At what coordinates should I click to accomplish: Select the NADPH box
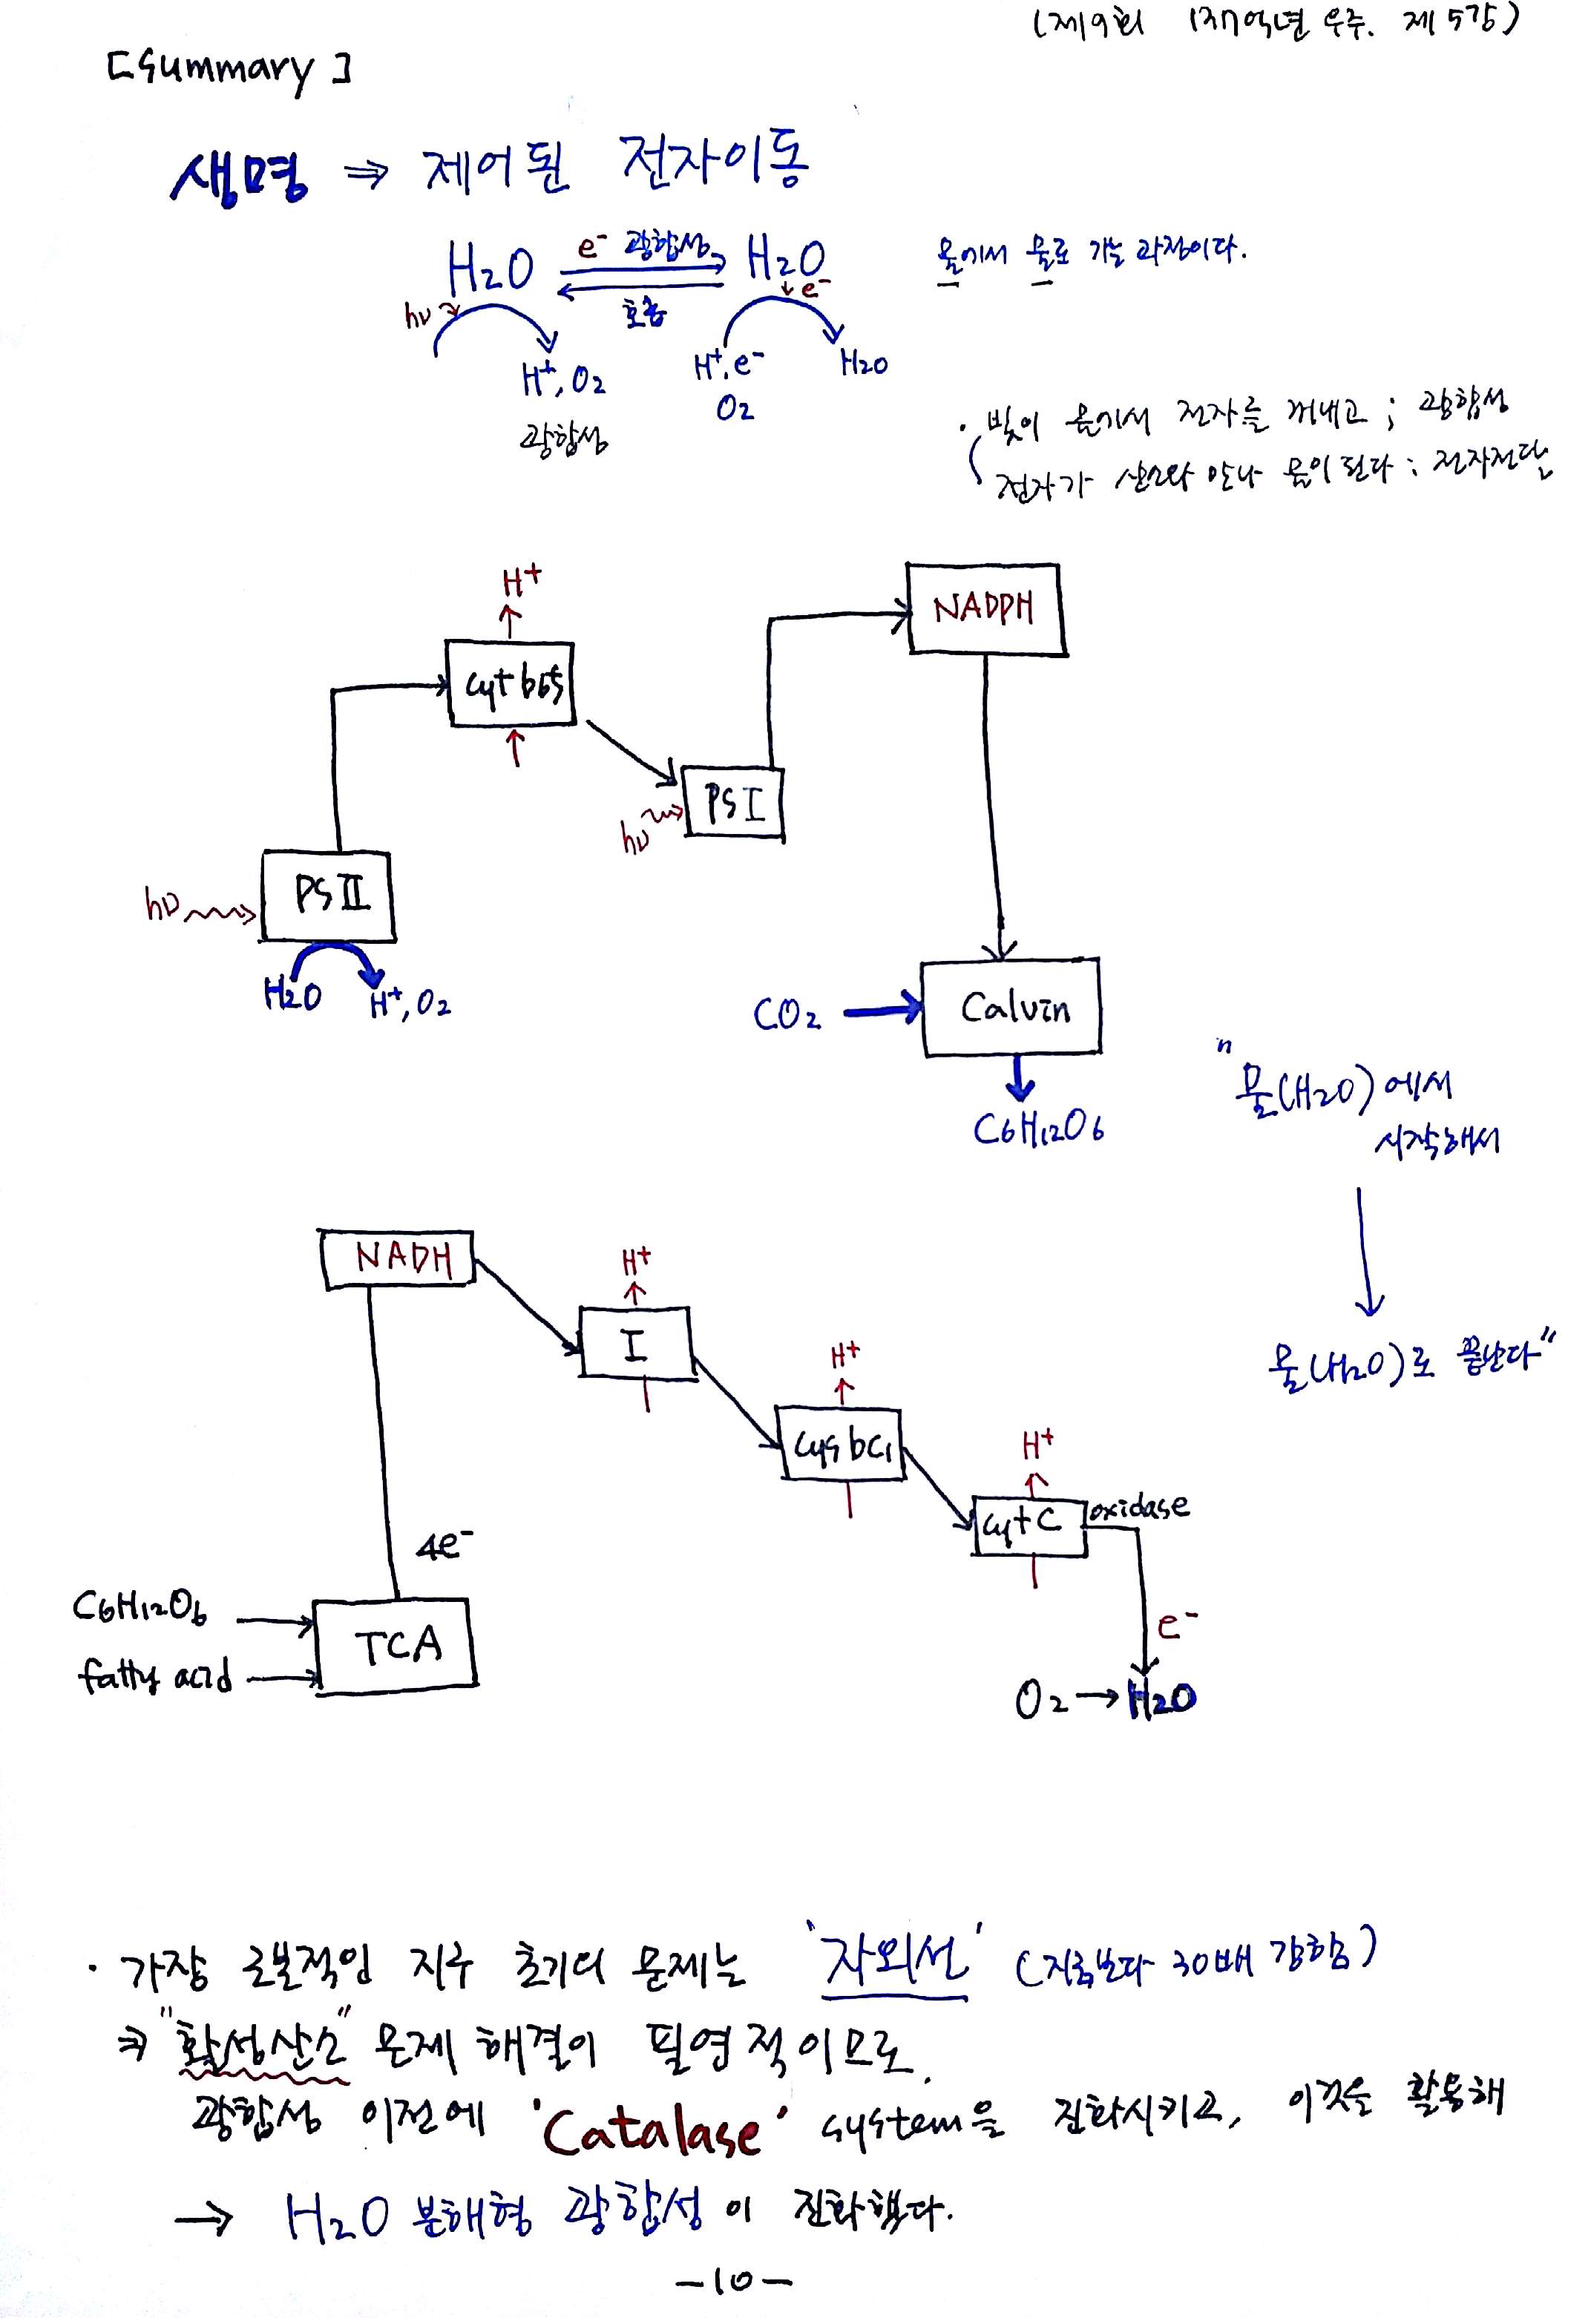[x=985, y=608]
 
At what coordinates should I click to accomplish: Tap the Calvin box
[x=1011, y=1008]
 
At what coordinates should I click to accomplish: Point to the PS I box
[x=733, y=803]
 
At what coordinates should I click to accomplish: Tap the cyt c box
[x=1029, y=1525]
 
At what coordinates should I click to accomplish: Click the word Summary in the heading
[x=229, y=70]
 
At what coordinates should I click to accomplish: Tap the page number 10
[x=733, y=2280]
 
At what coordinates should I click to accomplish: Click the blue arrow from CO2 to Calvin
[x=883, y=1012]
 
